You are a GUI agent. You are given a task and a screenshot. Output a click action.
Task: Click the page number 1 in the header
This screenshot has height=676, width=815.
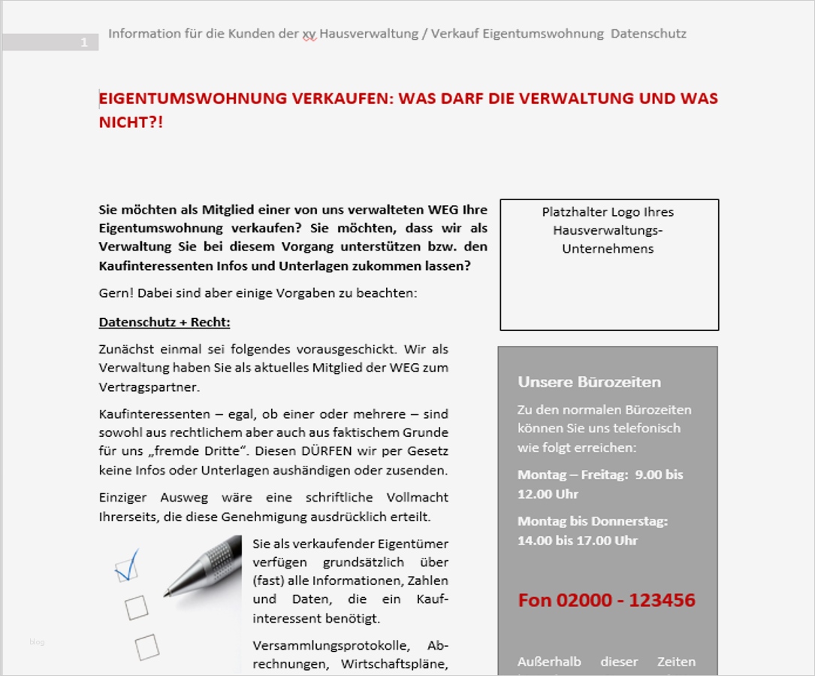pos(84,43)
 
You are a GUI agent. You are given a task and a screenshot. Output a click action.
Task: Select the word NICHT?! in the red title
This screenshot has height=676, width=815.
pos(131,123)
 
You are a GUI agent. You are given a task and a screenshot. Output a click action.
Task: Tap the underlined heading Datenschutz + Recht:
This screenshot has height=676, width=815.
pos(165,323)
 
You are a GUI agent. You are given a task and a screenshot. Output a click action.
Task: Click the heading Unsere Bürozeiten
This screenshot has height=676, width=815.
pos(589,382)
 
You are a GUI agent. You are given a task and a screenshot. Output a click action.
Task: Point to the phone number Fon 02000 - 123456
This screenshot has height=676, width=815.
pos(606,600)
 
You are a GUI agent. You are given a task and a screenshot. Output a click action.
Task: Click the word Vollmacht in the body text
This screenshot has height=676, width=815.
pos(417,498)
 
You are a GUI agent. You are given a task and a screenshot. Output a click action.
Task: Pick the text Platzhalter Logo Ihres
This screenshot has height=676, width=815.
pos(608,212)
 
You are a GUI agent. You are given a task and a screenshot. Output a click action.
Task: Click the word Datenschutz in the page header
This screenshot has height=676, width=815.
pos(648,34)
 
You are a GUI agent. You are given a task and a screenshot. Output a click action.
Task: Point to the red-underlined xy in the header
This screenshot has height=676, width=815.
pos(309,34)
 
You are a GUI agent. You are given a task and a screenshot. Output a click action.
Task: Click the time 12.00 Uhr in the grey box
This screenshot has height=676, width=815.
pos(548,494)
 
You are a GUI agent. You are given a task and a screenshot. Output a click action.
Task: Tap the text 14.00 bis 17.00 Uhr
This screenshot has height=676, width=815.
pos(577,540)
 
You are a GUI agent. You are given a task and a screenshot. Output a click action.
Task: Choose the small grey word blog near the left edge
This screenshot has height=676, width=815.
pos(37,641)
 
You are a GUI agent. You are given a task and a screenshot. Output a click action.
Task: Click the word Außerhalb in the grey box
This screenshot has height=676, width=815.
pos(550,662)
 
